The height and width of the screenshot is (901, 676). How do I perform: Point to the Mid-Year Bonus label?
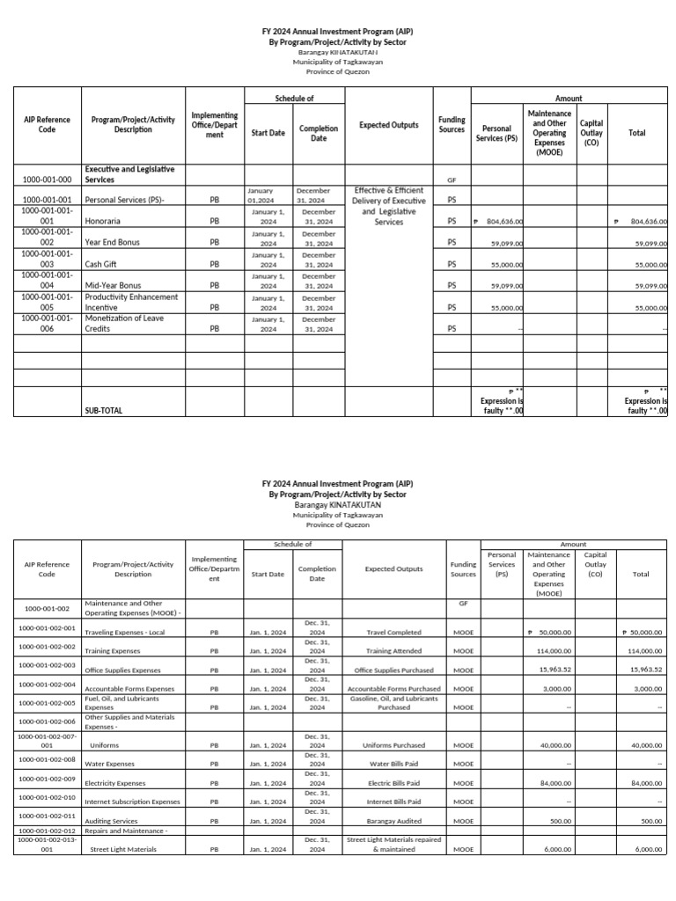(112, 286)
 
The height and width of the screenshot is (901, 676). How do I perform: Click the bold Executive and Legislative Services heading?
(129, 173)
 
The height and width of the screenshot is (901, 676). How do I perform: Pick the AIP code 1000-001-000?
(47, 179)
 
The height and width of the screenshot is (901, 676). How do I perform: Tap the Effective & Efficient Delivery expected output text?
(389, 206)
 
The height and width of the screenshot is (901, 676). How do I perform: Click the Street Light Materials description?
(123, 849)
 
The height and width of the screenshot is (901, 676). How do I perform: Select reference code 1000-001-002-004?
(47, 684)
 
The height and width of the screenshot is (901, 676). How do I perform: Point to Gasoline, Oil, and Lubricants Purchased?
(394, 702)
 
